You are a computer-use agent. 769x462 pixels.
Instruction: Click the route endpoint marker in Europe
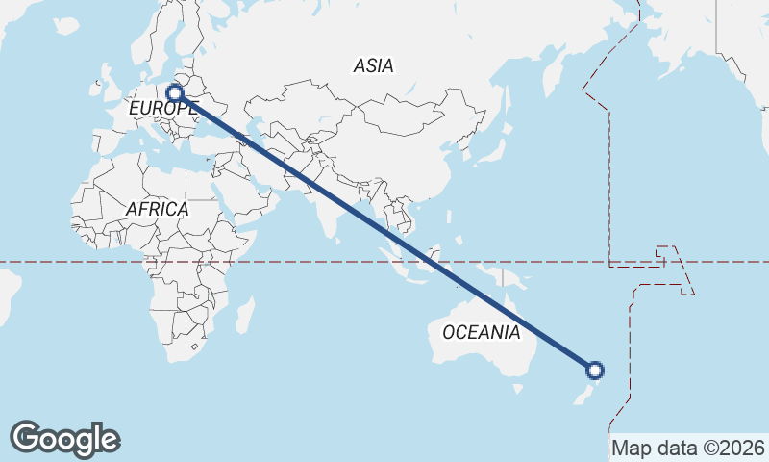(x=175, y=93)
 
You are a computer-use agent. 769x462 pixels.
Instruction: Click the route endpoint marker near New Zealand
(x=595, y=371)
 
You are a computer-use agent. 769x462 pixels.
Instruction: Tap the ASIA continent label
(x=374, y=65)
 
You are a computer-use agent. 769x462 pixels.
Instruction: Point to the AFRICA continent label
(x=157, y=208)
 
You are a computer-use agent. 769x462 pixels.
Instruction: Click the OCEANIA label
(x=482, y=332)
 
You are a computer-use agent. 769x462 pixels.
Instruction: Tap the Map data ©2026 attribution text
(x=687, y=448)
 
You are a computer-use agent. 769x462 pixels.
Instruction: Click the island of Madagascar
(x=245, y=315)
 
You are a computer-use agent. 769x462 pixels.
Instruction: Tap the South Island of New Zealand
(x=583, y=394)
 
